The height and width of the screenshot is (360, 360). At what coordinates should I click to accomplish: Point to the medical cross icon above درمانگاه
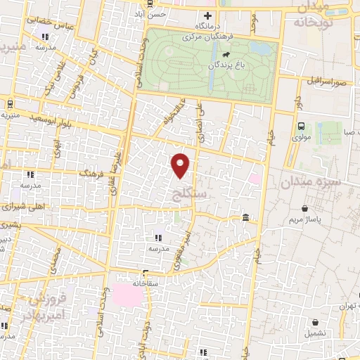pyautogui.click(x=207, y=15)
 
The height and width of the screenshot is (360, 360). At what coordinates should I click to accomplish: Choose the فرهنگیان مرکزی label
pyautogui.click(x=215, y=34)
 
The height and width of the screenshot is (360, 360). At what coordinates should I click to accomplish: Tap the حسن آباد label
pyautogui.click(x=152, y=13)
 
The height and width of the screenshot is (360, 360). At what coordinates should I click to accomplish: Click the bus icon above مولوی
pyautogui.click(x=301, y=126)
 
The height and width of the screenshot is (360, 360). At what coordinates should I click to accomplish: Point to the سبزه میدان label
pyautogui.click(x=311, y=181)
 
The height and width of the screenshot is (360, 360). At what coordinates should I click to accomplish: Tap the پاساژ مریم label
pyautogui.click(x=304, y=221)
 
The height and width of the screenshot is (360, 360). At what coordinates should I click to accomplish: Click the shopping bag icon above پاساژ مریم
pyautogui.click(x=304, y=209)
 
